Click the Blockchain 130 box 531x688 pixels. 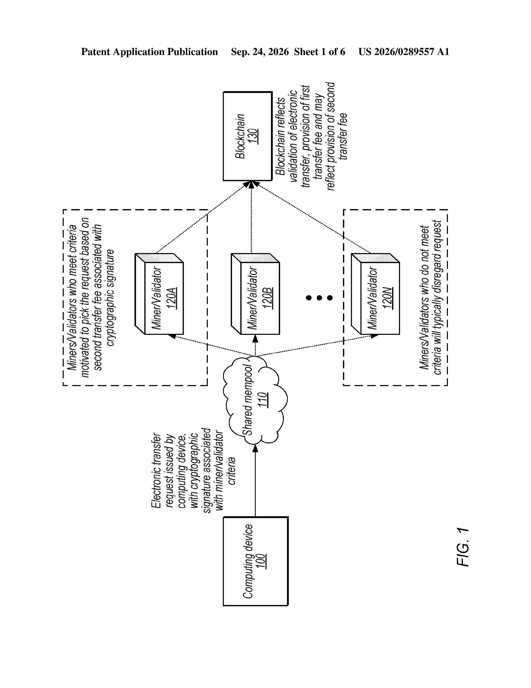(248, 136)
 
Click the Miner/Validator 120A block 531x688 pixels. (159, 294)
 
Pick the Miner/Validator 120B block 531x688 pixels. (255, 294)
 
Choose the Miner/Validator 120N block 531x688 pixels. (375, 294)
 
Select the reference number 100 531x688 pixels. (261, 561)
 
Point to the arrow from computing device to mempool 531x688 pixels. (255, 480)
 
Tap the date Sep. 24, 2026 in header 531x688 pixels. (260, 52)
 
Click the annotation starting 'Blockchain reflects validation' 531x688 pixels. (311, 136)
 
